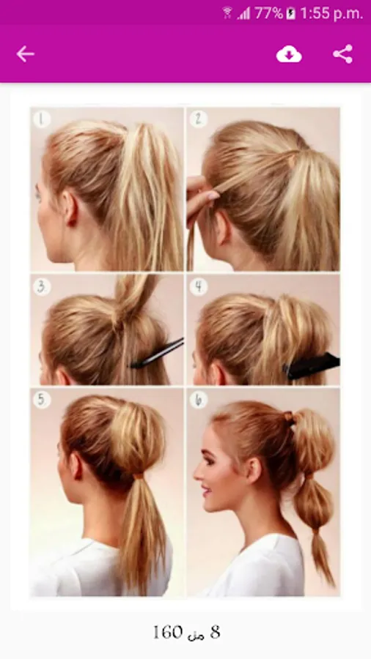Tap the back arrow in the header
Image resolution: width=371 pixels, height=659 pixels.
[25, 54]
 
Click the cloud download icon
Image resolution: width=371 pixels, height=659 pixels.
[289, 54]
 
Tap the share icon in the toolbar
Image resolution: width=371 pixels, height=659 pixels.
[343, 54]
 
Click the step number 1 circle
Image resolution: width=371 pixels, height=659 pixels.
[42, 119]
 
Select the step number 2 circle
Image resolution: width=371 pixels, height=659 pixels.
[198, 119]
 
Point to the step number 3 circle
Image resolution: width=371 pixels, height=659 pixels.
[42, 286]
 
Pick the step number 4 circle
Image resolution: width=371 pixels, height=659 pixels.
[198, 286]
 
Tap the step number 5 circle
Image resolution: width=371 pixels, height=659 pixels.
[42, 400]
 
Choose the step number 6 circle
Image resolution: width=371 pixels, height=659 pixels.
[198, 400]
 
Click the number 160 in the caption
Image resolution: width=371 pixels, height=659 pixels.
[168, 632]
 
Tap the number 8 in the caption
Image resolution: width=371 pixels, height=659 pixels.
[215, 632]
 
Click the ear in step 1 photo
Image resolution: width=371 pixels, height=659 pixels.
[70, 208]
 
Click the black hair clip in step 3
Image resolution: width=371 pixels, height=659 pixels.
[157, 353]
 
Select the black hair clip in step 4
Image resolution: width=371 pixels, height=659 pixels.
[312, 366]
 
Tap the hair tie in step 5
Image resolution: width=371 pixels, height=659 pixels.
[139, 476]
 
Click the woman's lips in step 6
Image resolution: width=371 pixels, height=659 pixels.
[205, 491]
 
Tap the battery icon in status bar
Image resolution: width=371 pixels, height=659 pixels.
[290, 14]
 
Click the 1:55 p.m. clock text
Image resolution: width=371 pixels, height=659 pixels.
[331, 14]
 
